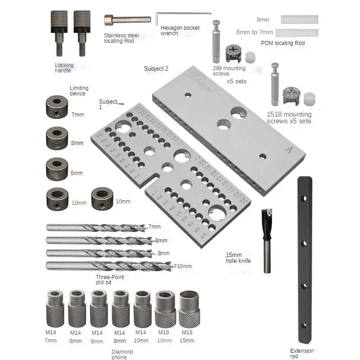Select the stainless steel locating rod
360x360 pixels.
click(127, 20)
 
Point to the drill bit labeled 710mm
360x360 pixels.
click(108, 265)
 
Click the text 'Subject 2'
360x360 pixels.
click(156, 69)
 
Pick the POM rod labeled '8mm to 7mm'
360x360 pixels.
click(297, 33)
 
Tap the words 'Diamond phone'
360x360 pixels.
click(122, 355)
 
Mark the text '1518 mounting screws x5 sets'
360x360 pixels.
click(288, 118)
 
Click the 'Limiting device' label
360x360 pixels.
click(79, 91)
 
